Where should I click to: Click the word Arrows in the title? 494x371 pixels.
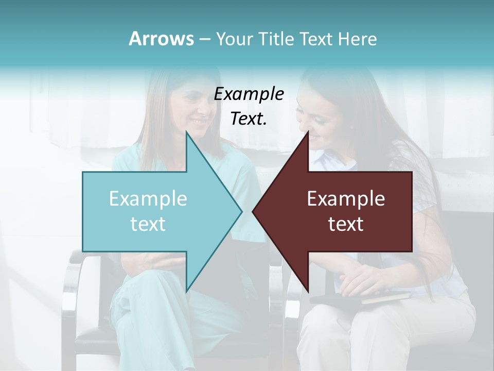[162, 39]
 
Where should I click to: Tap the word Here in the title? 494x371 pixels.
[357, 39]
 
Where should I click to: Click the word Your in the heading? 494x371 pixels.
[234, 39]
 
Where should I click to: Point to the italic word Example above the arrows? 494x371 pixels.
[249, 94]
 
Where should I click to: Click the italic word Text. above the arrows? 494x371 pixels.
[249, 119]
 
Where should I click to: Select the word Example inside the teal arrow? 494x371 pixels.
[148, 198]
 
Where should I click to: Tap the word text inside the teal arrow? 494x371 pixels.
[148, 224]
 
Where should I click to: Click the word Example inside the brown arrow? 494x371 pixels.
[346, 198]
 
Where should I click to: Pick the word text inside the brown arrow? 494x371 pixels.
[346, 224]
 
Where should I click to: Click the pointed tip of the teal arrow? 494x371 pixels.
[241, 211]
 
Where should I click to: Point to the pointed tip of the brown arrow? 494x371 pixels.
[254, 211]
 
